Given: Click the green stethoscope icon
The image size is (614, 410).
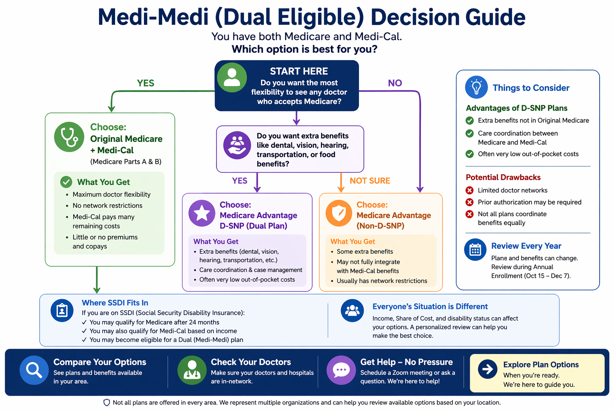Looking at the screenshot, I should [69, 137].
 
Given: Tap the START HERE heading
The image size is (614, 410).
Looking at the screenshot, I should [299, 71].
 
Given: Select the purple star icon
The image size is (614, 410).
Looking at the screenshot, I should [202, 213].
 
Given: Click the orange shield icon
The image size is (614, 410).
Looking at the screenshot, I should [339, 213].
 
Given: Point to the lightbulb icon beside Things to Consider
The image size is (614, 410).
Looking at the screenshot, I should [476, 87].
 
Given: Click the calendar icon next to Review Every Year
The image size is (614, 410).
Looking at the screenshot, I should [475, 250].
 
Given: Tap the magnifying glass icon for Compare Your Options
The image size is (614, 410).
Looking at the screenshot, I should [34, 370].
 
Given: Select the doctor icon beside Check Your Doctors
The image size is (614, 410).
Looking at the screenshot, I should [192, 370].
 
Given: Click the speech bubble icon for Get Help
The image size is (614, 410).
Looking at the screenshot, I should [341, 370].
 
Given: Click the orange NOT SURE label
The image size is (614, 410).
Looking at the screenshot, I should [370, 181].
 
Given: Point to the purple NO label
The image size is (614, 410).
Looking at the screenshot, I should [395, 83].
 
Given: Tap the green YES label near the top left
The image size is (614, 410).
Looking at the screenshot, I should [146, 83].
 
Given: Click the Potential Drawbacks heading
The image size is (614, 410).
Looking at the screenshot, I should [503, 177].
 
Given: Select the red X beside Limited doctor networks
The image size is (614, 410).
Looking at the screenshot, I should [470, 191].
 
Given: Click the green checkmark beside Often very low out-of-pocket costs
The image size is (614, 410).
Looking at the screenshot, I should [470, 154].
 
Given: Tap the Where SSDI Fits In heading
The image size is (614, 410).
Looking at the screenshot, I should [115, 303].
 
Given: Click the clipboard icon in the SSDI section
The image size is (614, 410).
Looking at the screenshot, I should [62, 311].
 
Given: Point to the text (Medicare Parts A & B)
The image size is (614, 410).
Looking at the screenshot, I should [126, 162].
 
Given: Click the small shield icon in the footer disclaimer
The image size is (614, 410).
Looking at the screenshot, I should [107, 402].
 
